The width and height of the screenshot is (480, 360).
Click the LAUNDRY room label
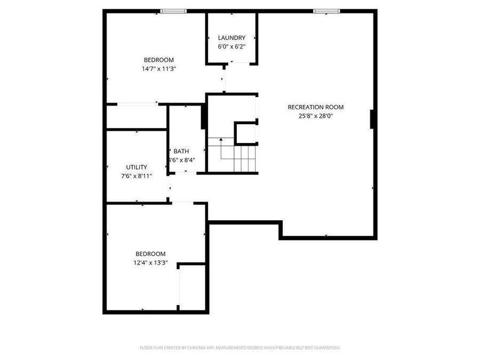231,38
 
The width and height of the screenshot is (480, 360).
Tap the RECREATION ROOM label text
315,107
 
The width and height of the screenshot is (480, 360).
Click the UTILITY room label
137,167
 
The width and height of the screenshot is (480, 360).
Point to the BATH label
181,151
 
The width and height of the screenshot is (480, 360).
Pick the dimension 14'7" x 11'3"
158,69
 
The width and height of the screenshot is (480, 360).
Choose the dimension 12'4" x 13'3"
150,262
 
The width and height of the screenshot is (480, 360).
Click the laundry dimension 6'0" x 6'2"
231,46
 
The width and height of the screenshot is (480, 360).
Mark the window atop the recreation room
326,11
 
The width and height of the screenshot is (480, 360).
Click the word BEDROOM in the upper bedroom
158,60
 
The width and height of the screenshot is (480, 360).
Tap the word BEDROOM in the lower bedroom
150,254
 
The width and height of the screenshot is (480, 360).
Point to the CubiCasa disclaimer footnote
239,348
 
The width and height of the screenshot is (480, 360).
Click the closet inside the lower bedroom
193,286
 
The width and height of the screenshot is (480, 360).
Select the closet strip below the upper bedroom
137,117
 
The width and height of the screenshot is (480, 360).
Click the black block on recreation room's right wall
372,119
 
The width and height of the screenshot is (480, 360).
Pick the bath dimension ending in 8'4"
181,160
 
